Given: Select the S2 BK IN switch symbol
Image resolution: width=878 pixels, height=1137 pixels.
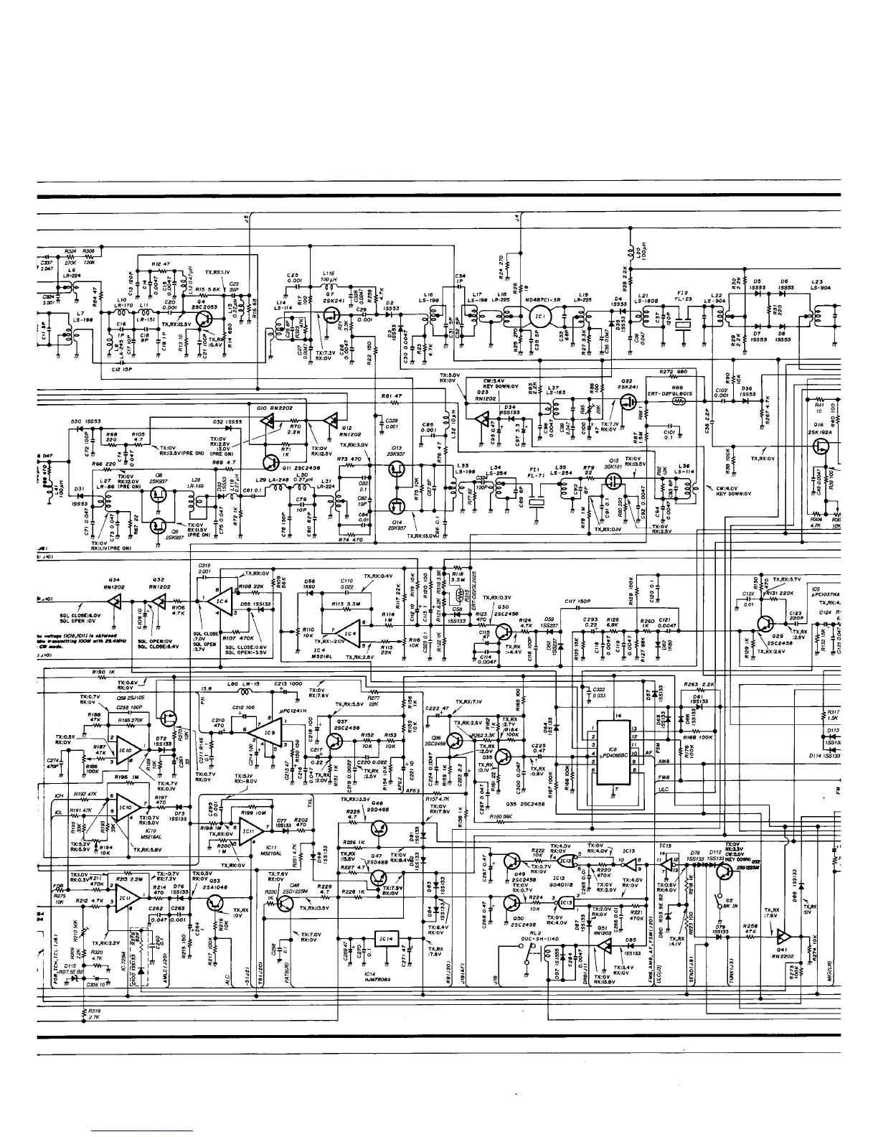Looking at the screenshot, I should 719,897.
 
